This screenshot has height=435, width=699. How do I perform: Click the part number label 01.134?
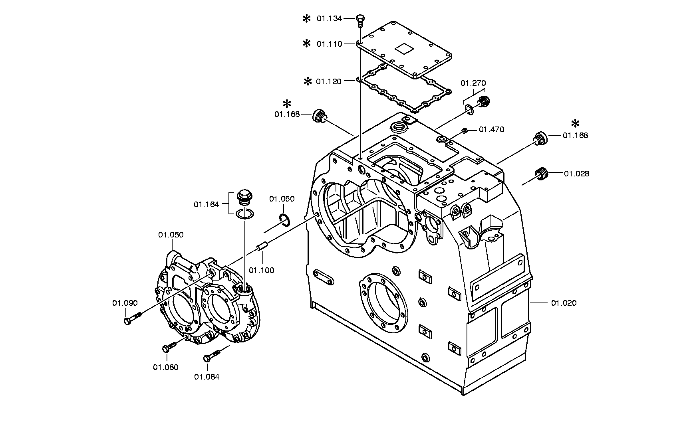click(330, 18)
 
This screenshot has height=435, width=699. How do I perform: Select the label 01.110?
click(330, 44)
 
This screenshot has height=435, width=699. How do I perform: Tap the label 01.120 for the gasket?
click(329, 81)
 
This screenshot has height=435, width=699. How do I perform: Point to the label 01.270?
click(473, 83)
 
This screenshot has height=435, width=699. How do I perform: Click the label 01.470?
click(492, 129)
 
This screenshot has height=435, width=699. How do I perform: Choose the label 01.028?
click(577, 174)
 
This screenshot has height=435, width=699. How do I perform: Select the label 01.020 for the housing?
click(564, 303)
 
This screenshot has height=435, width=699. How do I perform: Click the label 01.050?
click(171, 235)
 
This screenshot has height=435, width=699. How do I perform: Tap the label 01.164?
click(207, 205)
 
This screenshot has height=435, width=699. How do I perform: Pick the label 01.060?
click(282, 199)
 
